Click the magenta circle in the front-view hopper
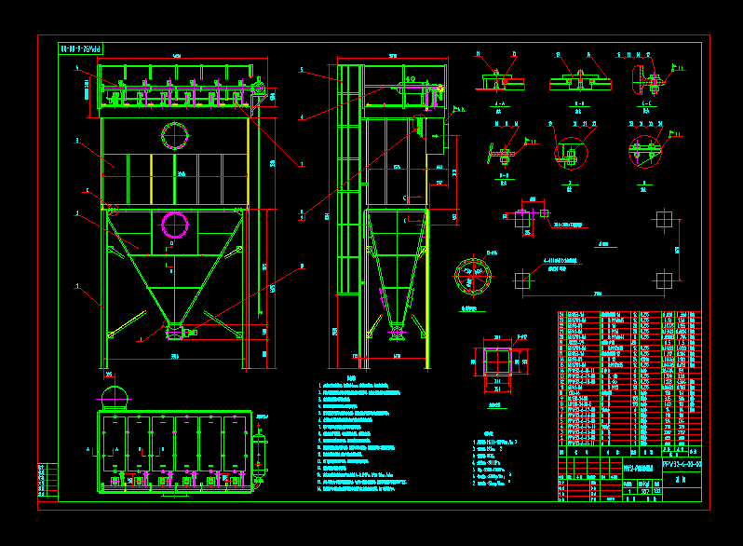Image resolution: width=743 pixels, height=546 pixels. pyautogui.click(x=175, y=225)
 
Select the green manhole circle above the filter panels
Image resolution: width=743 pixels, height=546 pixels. pyautogui.click(x=174, y=136)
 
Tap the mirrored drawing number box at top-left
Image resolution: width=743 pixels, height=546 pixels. pyautogui.click(x=81, y=48)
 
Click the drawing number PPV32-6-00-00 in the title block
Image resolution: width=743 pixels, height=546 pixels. pyautogui.click(x=682, y=462)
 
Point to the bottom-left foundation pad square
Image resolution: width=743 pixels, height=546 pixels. pyautogui.click(x=523, y=280)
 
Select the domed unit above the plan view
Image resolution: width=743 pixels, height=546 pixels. pyautogui.click(x=113, y=395)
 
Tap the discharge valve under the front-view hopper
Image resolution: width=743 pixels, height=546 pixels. pyautogui.click(x=175, y=331)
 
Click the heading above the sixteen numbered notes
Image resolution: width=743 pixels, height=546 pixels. pyautogui.click(x=351, y=378)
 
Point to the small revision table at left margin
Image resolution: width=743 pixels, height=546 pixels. pyautogui.click(x=47, y=481)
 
